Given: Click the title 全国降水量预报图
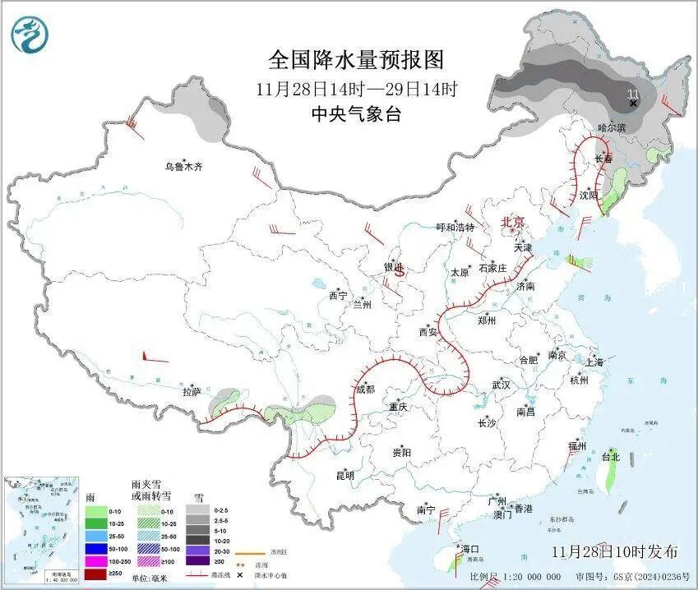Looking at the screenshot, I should tap(356, 59).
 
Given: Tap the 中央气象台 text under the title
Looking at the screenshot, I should tap(356, 114).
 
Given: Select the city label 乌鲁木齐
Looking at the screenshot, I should tap(182, 167).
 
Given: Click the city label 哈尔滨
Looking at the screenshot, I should tap(611, 127).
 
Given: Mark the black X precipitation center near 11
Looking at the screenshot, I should tap(633, 104).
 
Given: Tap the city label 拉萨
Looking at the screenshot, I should tap(192, 393).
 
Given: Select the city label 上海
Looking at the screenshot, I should tap(594, 362).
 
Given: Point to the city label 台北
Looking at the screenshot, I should tap(610, 456).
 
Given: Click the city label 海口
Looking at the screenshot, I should tap(470, 549).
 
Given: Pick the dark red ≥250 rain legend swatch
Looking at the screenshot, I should tap(96, 573).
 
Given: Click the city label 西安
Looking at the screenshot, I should tap(428, 332).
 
